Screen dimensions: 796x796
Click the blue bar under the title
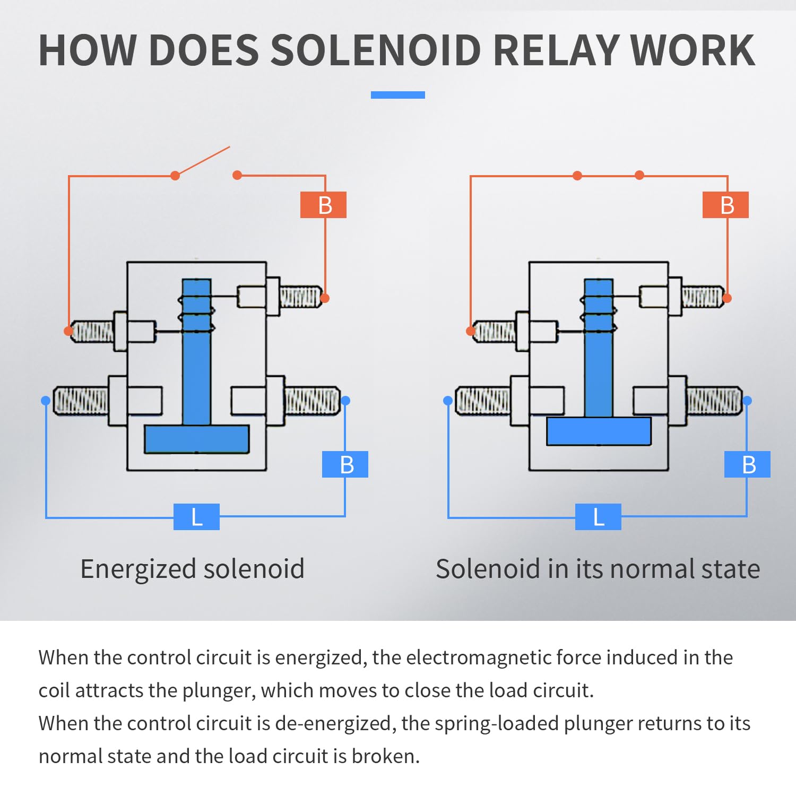pyautogui.click(x=398, y=95)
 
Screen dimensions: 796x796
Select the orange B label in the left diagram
pyautogui.click(x=323, y=205)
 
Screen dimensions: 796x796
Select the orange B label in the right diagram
pyautogui.click(x=725, y=205)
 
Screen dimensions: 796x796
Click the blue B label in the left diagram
pyautogui.click(x=345, y=464)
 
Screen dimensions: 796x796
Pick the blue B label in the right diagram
pyautogui.click(x=747, y=464)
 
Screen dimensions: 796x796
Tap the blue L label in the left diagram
pyautogui.click(x=196, y=517)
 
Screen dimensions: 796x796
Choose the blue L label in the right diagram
pyautogui.click(x=598, y=517)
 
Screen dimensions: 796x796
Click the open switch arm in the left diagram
pyautogui.click(x=203, y=161)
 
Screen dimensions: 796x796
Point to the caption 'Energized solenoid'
pyautogui.click(x=193, y=569)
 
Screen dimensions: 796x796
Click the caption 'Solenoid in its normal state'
pyautogui.click(x=598, y=569)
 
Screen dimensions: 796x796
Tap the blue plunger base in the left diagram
pyautogui.click(x=197, y=439)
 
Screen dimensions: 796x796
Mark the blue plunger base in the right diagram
pyautogui.click(x=599, y=431)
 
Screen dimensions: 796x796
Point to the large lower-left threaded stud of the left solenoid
pyautogui.click(x=81, y=401)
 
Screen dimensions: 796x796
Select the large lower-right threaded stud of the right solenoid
pyautogui.click(x=714, y=401)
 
